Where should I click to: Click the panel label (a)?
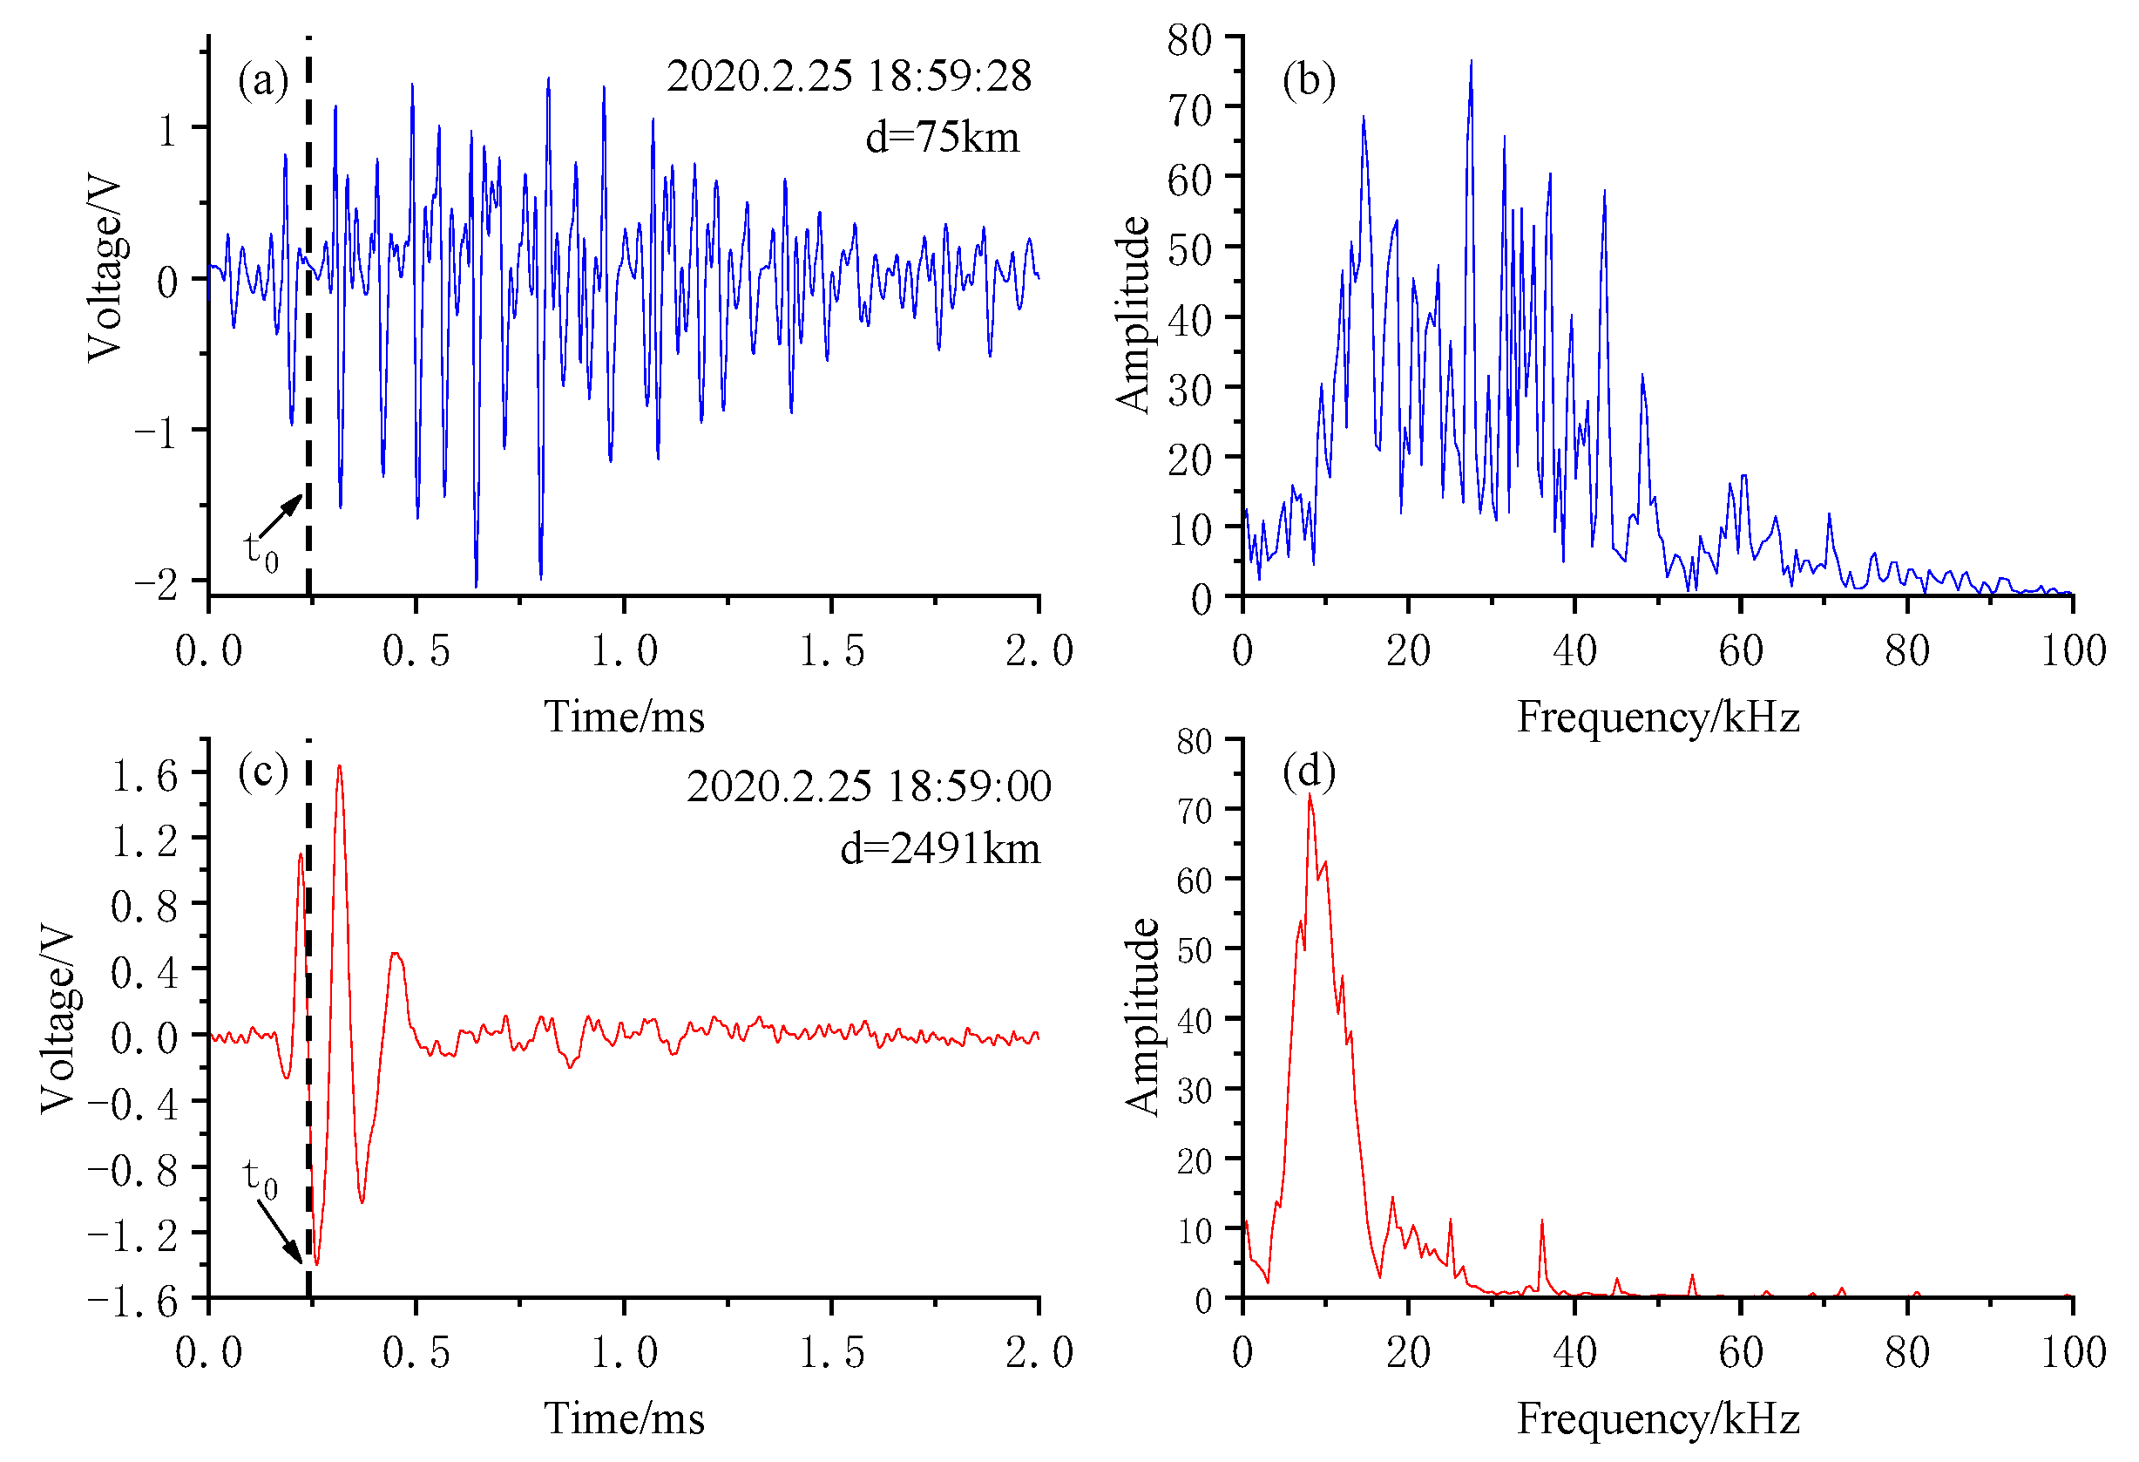(x=263, y=81)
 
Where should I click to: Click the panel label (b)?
(x=1308, y=81)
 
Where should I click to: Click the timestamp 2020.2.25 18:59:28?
(x=849, y=77)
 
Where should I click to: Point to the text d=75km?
(x=942, y=138)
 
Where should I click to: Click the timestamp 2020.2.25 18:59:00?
(x=868, y=786)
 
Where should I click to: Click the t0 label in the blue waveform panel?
(x=260, y=551)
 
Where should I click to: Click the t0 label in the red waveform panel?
(x=260, y=1180)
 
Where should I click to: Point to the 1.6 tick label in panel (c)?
(x=145, y=776)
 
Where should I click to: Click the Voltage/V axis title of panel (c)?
(x=57, y=1019)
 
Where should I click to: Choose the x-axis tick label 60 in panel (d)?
(x=1740, y=1352)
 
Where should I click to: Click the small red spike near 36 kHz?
(x=1541, y=1225)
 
